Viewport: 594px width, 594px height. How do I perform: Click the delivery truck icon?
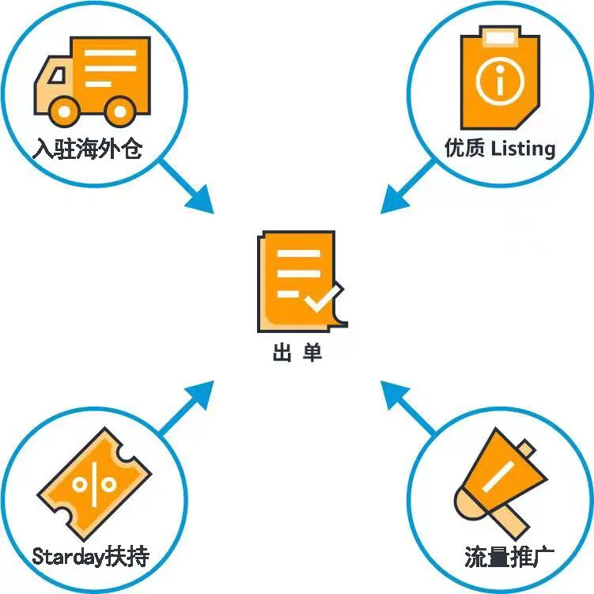pos(92,80)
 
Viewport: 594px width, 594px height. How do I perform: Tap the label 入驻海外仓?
pos(88,149)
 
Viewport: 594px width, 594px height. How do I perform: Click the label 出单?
pos(297,353)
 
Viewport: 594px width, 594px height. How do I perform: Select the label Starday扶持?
pos(90,556)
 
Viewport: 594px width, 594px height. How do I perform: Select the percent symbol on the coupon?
pos(93,482)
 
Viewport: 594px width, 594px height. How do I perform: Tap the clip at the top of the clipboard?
pos(499,35)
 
